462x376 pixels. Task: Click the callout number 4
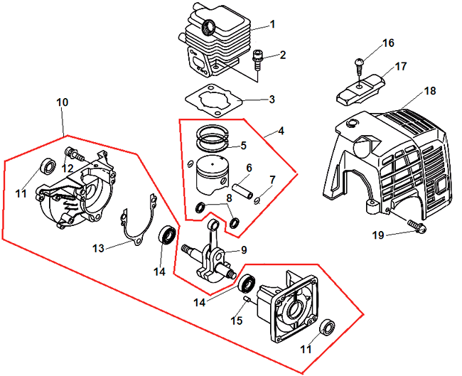[x=282, y=131]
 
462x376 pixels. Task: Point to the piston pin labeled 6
[x=243, y=146]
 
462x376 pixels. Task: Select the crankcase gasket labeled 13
[x=62, y=102]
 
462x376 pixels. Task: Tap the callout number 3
[x=272, y=99]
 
